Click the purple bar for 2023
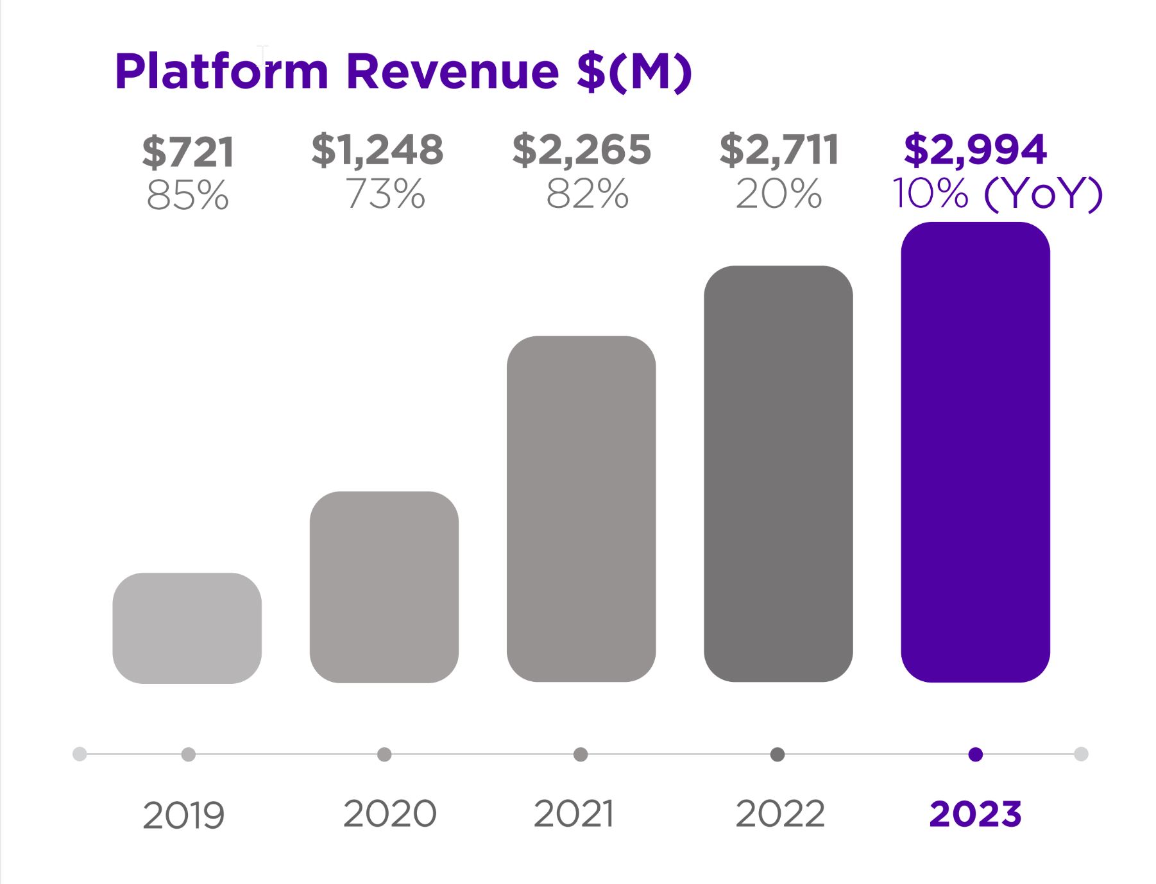pyautogui.click(x=975, y=452)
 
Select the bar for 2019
pyautogui.click(x=187, y=628)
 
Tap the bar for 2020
pyautogui.click(x=384, y=587)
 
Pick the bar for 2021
pyautogui.click(x=581, y=509)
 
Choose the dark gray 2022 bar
pyautogui.click(x=778, y=473)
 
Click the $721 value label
pyautogui.click(x=188, y=152)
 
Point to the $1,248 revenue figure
pyautogui.click(x=377, y=149)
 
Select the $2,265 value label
pyautogui.click(x=581, y=149)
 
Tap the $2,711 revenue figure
pyautogui.click(x=779, y=149)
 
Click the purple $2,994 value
pyautogui.click(x=975, y=149)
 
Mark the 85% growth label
pyautogui.click(x=187, y=195)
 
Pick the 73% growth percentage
pyautogui.click(x=386, y=193)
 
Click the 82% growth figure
pyautogui.click(x=587, y=193)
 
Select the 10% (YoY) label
pyautogui.click(x=997, y=193)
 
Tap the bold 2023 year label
pyautogui.click(x=975, y=814)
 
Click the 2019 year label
pyautogui.click(x=183, y=816)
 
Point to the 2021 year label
pyautogui.click(x=574, y=814)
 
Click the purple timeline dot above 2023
pyautogui.click(x=975, y=754)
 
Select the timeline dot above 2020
pyautogui.click(x=384, y=754)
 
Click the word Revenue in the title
pyautogui.click(x=452, y=71)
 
